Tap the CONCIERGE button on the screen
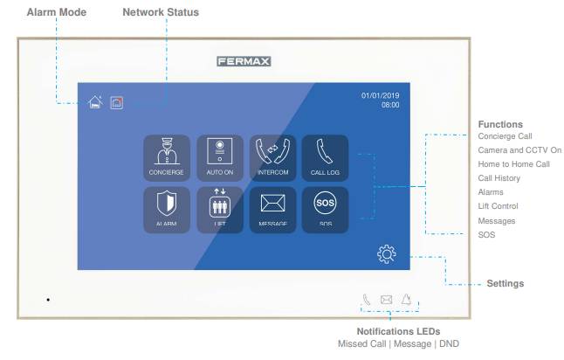point(164,158)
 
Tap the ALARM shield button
point(164,209)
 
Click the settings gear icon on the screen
point(386,254)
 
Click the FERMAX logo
point(244,62)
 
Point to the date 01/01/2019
point(380,94)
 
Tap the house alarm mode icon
point(96,103)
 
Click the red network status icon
point(117,103)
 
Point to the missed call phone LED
point(367,301)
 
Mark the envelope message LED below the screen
point(386,301)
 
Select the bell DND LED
point(406,301)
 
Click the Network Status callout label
point(161,12)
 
